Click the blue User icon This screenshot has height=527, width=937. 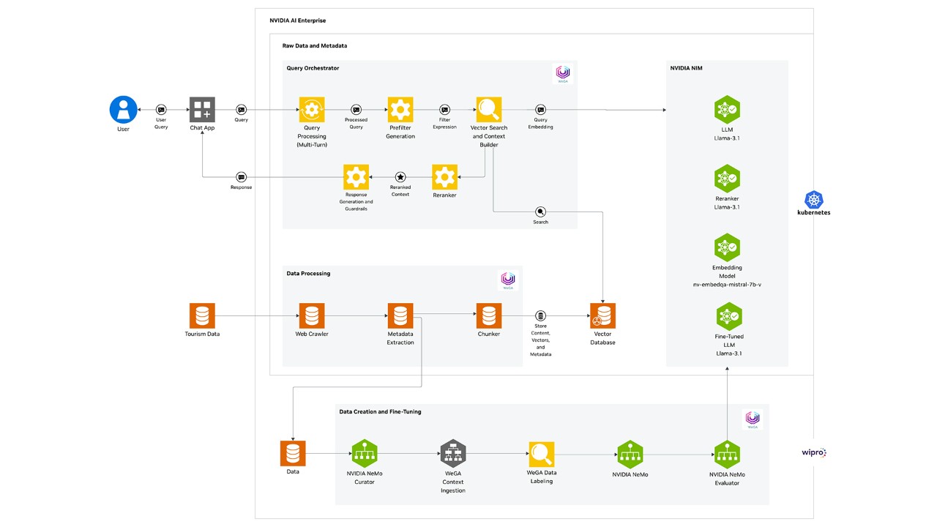pyautogui.click(x=123, y=110)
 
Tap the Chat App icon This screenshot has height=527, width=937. pyautogui.click(x=201, y=110)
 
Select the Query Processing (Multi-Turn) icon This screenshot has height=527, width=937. pyautogui.click(x=312, y=110)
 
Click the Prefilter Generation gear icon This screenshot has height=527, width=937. pyautogui.click(x=400, y=110)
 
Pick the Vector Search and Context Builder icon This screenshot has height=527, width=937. pyautogui.click(x=489, y=110)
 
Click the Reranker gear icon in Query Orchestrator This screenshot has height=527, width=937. pyautogui.click(x=444, y=176)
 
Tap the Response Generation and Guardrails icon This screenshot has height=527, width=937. pyautogui.click(x=356, y=176)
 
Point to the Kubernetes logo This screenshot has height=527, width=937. pyautogui.click(x=813, y=199)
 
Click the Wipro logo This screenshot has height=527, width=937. pyautogui.click(x=813, y=453)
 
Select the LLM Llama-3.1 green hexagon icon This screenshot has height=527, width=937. pyautogui.click(x=727, y=110)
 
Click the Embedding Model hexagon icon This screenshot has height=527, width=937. pyautogui.click(x=727, y=247)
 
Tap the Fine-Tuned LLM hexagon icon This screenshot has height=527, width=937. pyautogui.click(x=727, y=316)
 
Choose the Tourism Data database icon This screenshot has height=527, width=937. pyautogui.click(x=202, y=316)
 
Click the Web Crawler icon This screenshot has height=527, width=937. pyautogui.click(x=312, y=316)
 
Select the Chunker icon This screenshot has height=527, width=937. pyautogui.click(x=489, y=316)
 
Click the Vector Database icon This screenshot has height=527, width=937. pyautogui.click(x=602, y=316)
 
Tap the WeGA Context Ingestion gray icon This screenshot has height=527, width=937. pyautogui.click(x=452, y=454)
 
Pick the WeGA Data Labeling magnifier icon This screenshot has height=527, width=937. pyautogui.click(x=542, y=454)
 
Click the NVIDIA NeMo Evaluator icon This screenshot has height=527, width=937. pyautogui.click(x=727, y=454)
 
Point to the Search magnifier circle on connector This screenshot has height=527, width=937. pyautogui.click(x=540, y=212)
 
